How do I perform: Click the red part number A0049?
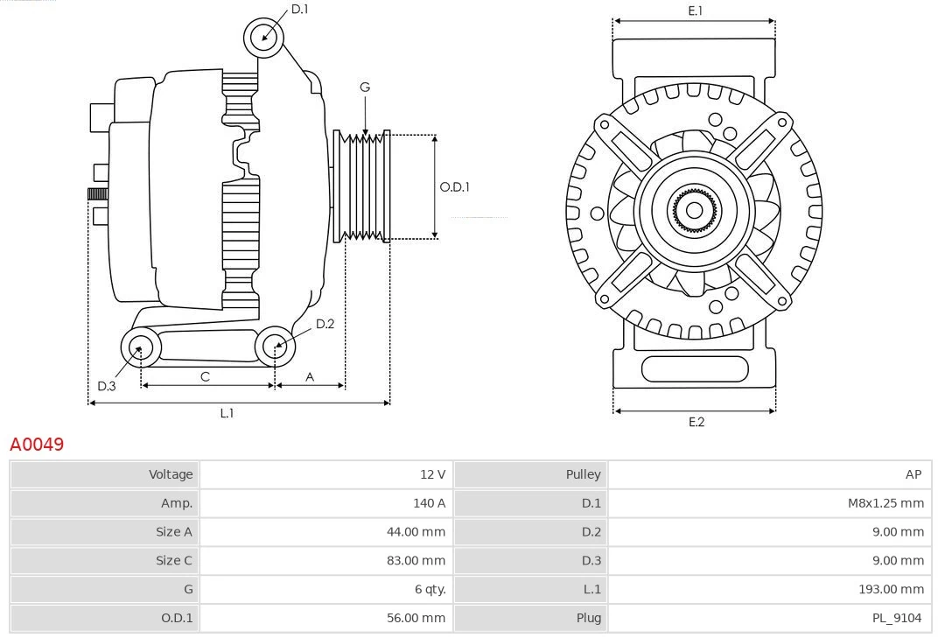coord(37,445)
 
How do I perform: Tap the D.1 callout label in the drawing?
coord(299,9)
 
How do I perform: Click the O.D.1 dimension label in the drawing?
coord(454,186)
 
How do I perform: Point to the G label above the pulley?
coord(365,87)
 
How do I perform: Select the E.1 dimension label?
coord(696,11)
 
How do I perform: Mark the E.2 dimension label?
coord(696,422)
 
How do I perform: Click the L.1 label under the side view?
coord(227,413)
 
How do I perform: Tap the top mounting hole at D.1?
coord(264,37)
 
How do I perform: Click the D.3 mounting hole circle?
coord(139,348)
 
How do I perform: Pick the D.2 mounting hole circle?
coord(274,347)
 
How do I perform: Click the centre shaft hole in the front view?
coord(694,210)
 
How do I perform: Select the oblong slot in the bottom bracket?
coord(694,368)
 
